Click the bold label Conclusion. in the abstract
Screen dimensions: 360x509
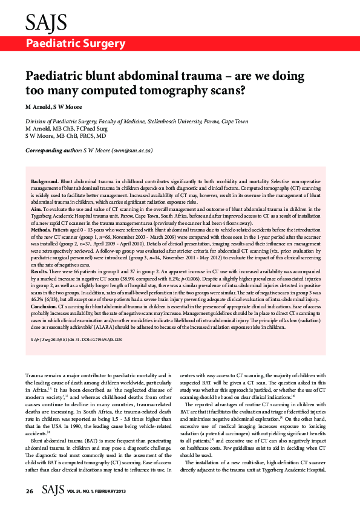tap(46, 307)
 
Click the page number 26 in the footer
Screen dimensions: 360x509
tap(29, 491)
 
